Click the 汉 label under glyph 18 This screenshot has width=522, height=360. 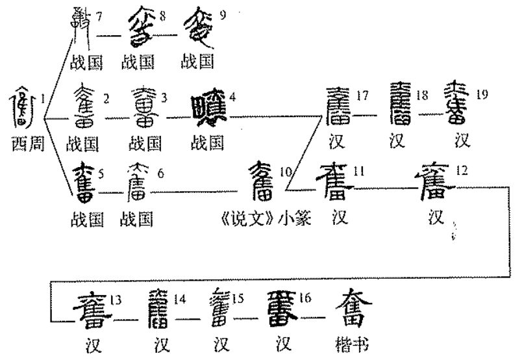[398, 140]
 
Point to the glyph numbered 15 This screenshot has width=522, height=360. [219, 309]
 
